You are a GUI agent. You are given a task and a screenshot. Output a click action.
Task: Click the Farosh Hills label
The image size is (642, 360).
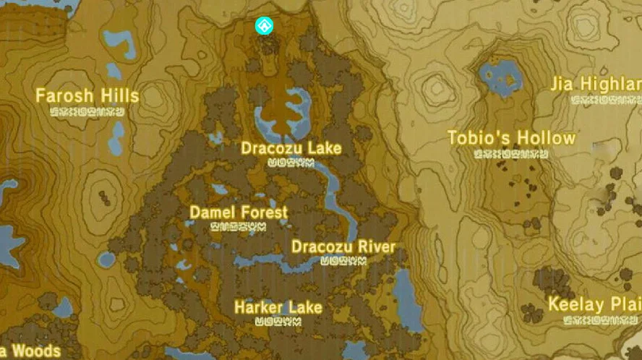pos(87,95)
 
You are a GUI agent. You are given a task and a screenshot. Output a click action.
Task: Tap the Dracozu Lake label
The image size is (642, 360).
pos(291,148)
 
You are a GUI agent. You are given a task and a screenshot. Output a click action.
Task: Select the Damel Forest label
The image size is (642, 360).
pos(239,213)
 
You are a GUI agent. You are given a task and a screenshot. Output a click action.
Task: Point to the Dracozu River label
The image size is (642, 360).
pos(343,247)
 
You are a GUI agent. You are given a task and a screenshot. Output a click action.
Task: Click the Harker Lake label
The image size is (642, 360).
pos(278,307)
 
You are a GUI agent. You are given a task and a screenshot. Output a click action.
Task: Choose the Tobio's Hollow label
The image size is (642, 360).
pos(511,138)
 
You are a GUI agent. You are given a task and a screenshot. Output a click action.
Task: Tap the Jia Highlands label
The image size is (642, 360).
pos(596,85)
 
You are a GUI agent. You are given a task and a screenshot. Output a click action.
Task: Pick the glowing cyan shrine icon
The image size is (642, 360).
pos(265,27)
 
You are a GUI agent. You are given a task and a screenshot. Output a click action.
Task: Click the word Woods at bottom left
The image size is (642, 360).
pos(35,351)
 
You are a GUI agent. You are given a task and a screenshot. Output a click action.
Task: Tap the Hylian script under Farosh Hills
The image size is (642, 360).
pos(87,112)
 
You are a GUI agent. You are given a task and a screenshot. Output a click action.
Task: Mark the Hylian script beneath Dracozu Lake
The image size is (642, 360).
pos(290,163)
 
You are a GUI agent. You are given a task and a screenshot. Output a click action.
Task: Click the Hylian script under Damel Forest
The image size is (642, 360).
pos(238,226)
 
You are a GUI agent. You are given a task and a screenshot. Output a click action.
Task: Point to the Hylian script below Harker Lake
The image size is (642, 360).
pos(278,321)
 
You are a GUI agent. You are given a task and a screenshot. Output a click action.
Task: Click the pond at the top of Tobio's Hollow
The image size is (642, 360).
pos(500,74)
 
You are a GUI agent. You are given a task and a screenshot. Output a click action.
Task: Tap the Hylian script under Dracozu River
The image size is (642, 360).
pos(343,260)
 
